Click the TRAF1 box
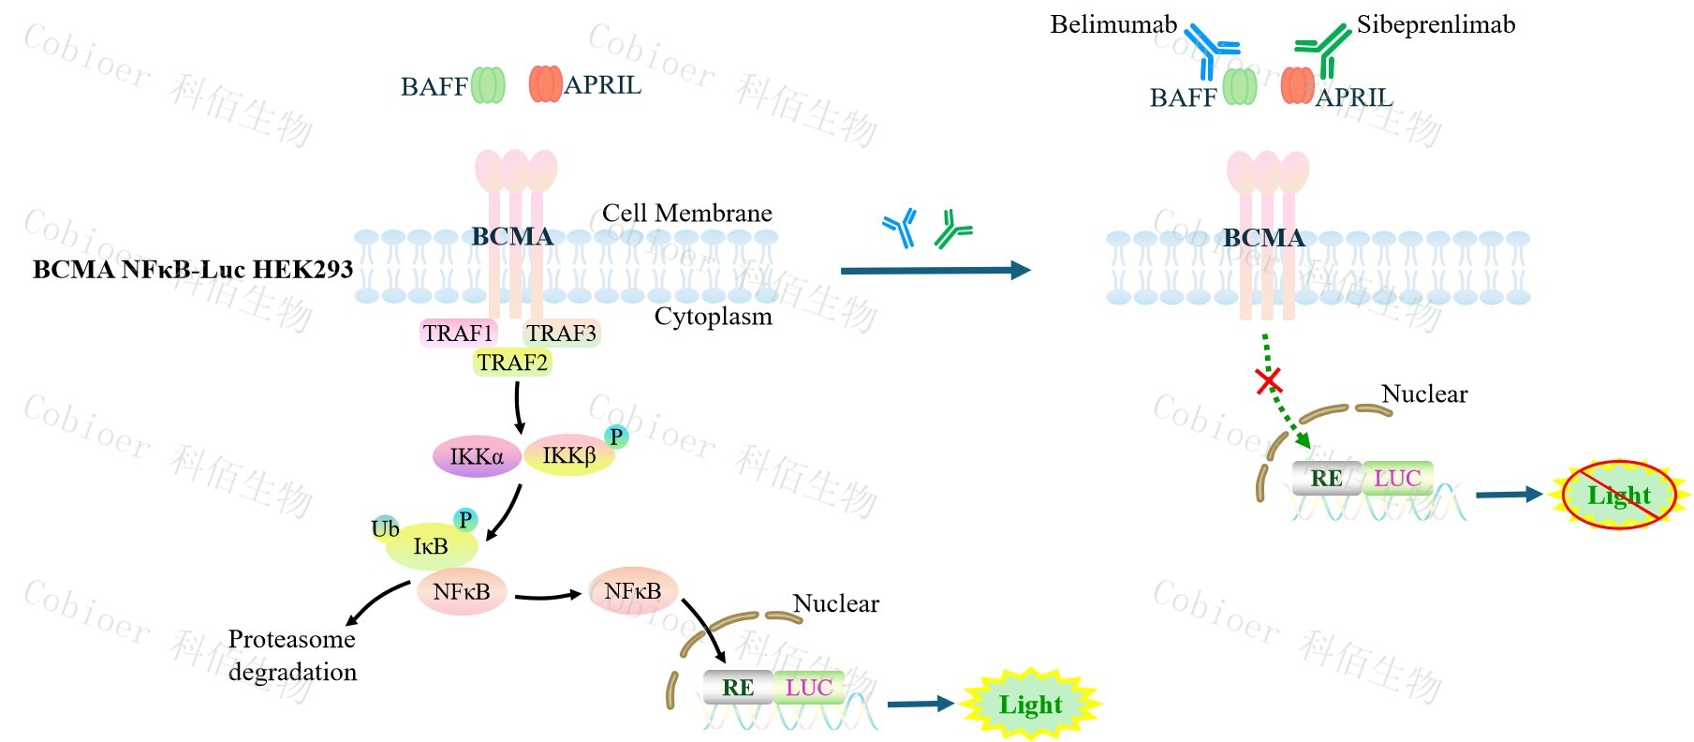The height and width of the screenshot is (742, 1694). (458, 334)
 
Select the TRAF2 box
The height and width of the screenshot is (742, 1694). (512, 363)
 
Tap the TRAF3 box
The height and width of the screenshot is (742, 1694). (561, 334)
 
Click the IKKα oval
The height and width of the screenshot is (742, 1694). (477, 456)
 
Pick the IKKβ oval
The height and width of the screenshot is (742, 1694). (568, 456)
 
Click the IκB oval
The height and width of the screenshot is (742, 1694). (431, 546)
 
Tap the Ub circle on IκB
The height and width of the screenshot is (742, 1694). (385, 528)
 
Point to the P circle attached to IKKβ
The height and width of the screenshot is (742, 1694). (616, 437)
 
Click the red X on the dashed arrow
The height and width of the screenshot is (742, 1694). (1269, 380)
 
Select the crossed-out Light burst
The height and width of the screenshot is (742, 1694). (1619, 495)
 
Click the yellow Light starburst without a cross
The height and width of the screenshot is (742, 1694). (1030, 705)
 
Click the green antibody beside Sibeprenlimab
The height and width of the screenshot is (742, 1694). (1321, 51)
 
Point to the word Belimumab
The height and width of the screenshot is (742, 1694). (1113, 24)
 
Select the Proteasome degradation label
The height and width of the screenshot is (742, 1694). (292, 655)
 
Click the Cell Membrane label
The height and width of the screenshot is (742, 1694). (686, 214)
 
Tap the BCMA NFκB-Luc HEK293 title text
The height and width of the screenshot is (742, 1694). (193, 270)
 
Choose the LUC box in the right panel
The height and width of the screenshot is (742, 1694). (1397, 479)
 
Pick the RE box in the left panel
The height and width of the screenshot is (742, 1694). (738, 688)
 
